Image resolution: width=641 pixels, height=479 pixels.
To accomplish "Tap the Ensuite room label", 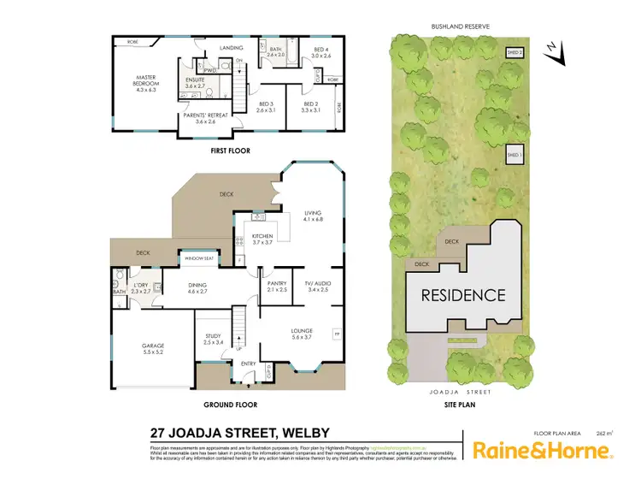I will (x=195, y=83).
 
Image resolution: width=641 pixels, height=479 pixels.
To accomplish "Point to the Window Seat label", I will (x=198, y=258).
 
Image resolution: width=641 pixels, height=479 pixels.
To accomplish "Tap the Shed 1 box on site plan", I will (x=515, y=155).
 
